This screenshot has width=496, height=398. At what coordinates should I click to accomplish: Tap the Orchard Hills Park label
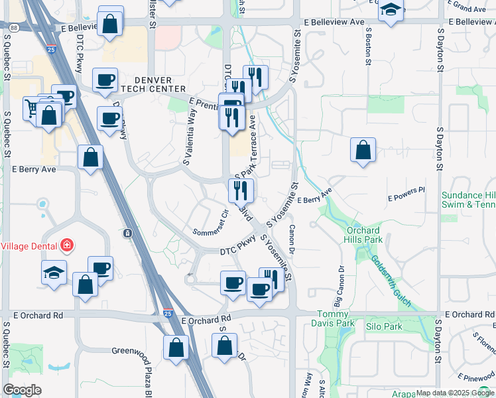tap(365, 235)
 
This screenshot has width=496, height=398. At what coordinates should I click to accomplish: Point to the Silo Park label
tap(384, 326)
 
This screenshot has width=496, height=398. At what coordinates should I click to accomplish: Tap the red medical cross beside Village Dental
tap(66, 246)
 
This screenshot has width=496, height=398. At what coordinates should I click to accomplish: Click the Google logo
tap(23, 390)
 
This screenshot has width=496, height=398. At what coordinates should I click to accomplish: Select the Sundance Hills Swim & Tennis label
tap(468, 200)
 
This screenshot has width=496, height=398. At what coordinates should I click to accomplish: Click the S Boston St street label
tap(367, 46)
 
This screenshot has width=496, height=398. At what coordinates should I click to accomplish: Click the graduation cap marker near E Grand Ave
tap(391, 11)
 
